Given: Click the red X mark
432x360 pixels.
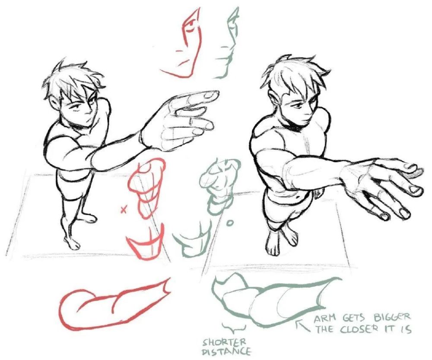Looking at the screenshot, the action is (124, 210).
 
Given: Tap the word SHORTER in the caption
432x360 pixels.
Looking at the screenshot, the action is (224, 342).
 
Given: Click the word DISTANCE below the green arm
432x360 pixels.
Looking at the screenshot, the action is (226, 351).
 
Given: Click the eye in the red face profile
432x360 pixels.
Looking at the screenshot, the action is (189, 28).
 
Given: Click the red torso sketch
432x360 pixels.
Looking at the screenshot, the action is (147, 187).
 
